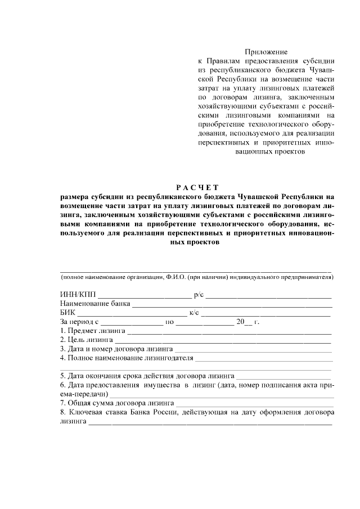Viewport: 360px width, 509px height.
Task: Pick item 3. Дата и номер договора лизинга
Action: click(116, 349)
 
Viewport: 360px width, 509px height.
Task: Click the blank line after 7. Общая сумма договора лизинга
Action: click(254, 404)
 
